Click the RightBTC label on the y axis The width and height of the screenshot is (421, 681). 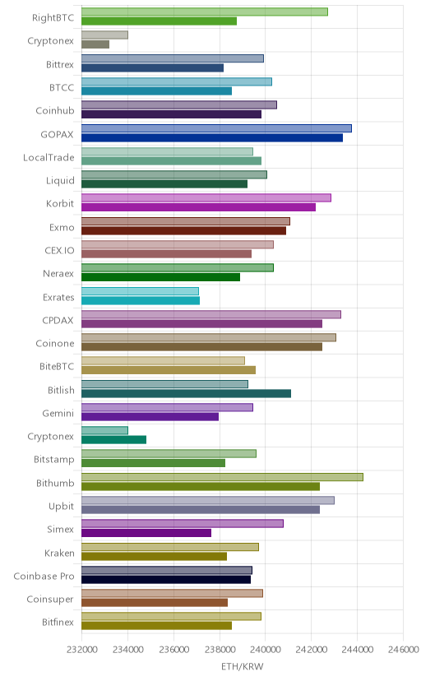coord(53,18)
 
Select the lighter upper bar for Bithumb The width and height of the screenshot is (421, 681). coord(222,477)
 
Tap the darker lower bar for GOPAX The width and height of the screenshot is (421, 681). coord(212,137)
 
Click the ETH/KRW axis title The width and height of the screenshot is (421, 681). coord(243,667)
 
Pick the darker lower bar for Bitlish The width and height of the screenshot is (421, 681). coord(186,393)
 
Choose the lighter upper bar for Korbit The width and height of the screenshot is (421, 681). coord(206,197)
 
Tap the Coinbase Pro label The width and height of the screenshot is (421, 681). coord(44,576)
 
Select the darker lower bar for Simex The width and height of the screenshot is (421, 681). coord(146,533)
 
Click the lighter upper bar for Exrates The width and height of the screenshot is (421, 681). coord(140,291)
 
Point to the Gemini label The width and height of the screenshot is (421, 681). coord(58,413)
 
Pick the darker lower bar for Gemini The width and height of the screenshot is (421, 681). coord(150,417)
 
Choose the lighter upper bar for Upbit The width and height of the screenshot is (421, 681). coord(208,500)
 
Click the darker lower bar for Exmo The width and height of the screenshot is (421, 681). coord(183,230)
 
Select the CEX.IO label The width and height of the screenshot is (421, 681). coord(59,251)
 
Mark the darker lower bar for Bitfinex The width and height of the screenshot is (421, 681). coord(157,626)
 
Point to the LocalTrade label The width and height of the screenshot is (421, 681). coord(49,157)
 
